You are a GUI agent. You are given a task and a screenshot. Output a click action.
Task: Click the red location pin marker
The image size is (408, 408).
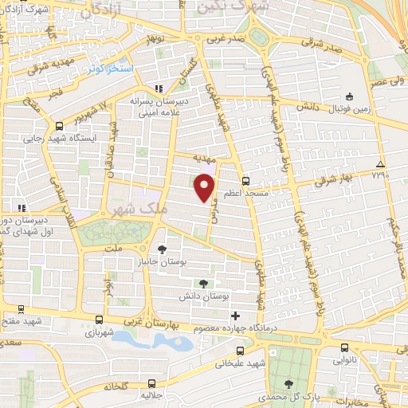pyautogui.click(x=206, y=186)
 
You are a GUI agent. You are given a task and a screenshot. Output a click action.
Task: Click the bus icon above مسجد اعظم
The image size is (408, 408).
pyautogui.click(x=245, y=181)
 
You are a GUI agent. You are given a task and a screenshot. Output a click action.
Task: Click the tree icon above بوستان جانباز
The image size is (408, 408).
pyautogui.click(x=163, y=249)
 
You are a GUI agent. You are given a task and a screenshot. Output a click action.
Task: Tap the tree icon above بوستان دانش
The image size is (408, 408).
pyautogui.click(x=204, y=283)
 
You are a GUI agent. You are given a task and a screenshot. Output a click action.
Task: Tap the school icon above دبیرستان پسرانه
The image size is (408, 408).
pyautogui.click(x=159, y=88)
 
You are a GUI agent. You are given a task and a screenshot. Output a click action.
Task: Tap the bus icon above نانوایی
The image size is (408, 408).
pyautogui.click(x=344, y=347)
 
